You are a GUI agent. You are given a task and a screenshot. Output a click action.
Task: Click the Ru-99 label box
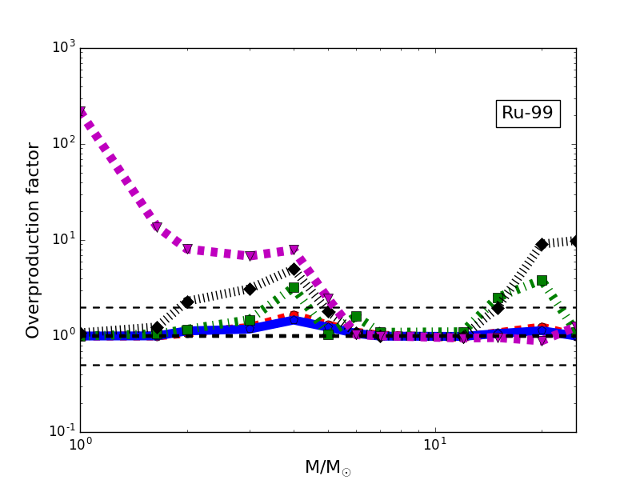pyautogui.click(x=527, y=114)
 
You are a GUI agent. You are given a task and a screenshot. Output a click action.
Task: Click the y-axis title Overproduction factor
pyautogui.click(x=33, y=240)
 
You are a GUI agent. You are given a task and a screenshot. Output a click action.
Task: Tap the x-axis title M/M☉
pyautogui.click(x=327, y=467)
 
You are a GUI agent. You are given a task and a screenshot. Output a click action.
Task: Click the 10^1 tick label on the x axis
pyautogui.click(x=434, y=445)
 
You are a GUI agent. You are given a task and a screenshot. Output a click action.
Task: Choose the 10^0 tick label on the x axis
pyautogui.click(x=80, y=445)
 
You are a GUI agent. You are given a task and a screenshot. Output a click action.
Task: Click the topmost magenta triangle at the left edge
pyautogui.click(x=81, y=113)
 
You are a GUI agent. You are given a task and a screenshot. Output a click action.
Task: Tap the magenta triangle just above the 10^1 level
pyautogui.click(x=156, y=227)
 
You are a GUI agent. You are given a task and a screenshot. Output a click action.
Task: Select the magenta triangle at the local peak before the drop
pyautogui.click(x=294, y=250)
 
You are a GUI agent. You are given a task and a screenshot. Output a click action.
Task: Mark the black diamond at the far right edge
pyautogui.click(x=575, y=240)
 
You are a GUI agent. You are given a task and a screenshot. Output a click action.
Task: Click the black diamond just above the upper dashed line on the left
pyautogui.click(x=187, y=302)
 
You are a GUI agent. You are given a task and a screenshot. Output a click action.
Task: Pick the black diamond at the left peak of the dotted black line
pyautogui.click(x=294, y=269)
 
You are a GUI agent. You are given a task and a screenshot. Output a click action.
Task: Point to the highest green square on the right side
pyautogui.click(x=542, y=280)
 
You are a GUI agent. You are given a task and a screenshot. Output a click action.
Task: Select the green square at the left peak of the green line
pyautogui.click(x=294, y=287)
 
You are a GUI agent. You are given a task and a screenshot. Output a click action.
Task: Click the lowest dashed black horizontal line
pyautogui.click(x=328, y=365)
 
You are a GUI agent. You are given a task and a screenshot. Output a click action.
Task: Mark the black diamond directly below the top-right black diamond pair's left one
pyautogui.click(x=498, y=308)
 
